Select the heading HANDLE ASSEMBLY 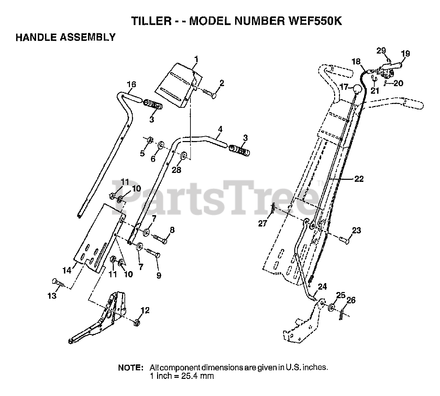tap(66, 37)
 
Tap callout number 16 tap(131, 84)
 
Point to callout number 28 tap(176, 169)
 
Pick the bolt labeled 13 tap(59, 283)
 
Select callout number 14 tap(67, 270)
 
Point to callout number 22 tap(359, 179)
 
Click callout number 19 tap(405, 54)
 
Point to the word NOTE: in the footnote tap(131, 368)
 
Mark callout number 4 tap(220, 130)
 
